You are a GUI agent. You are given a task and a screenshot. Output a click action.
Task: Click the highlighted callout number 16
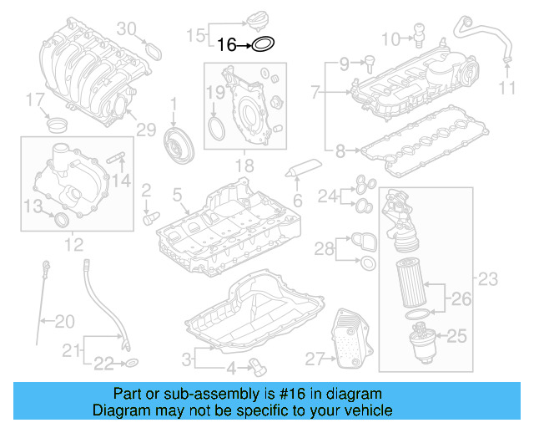pyautogui.click(x=227, y=45)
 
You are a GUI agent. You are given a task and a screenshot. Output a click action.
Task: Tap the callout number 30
pyautogui.click(x=125, y=28)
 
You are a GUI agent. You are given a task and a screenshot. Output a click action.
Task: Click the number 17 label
pyautogui.click(x=34, y=102)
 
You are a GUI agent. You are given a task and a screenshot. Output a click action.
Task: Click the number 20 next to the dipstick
pyautogui.click(x=64, y=320)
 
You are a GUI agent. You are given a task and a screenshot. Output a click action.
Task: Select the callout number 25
pyautogui.click(x=457, y=337)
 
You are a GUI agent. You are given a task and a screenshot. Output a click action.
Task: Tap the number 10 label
pyautogui.click(x=390, y=38)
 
